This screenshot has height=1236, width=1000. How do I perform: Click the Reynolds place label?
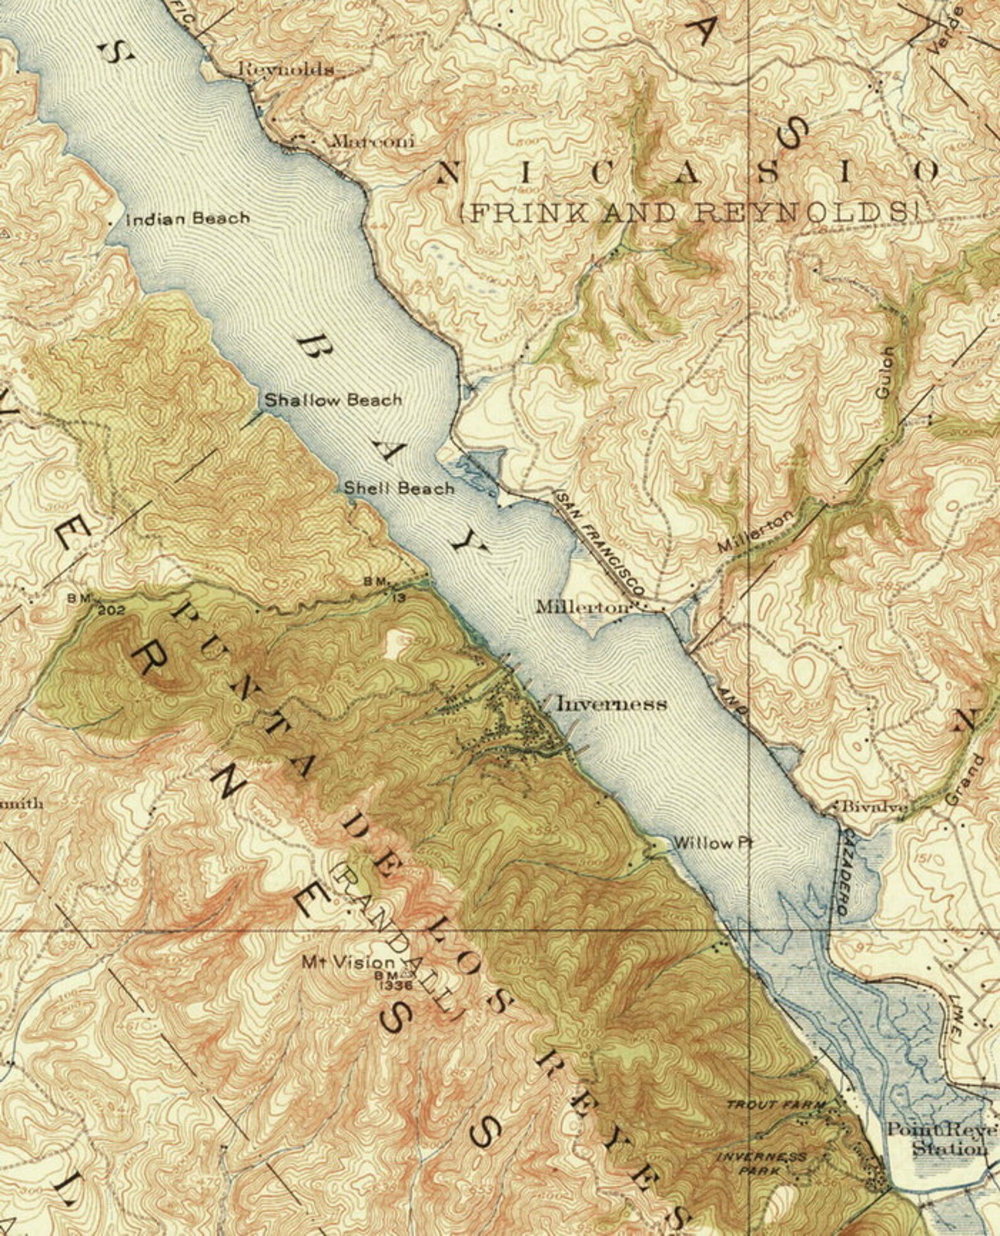(286, 69)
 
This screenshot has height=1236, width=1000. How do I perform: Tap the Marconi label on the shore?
(373, 141)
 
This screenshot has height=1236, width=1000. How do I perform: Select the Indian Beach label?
(188, 219)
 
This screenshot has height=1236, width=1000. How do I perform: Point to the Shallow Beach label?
(332, 400)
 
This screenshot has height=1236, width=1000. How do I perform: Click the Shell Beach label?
(399, 488)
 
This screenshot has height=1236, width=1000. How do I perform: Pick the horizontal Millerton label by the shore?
(582, 607)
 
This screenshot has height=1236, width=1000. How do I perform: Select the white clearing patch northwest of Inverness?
(397, 643)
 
